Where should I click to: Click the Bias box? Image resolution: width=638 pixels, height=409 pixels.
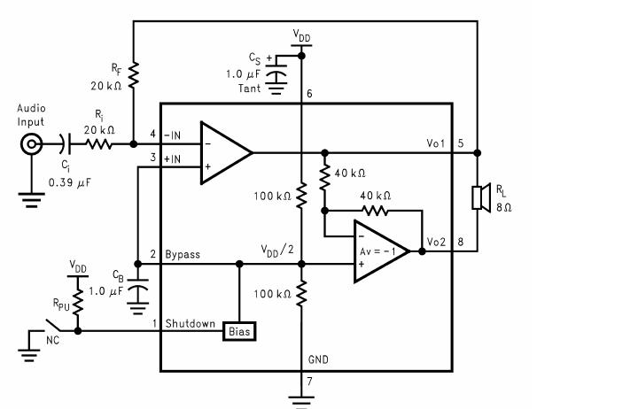[x=240, y=331]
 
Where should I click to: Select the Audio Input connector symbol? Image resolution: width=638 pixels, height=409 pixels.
[x=33, y=144]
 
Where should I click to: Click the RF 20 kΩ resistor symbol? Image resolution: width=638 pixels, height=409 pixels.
[x=132, y=74]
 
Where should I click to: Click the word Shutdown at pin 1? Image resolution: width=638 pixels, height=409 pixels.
[x=190, y=323]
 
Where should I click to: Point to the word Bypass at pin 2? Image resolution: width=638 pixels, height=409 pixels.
[x=183, y=254]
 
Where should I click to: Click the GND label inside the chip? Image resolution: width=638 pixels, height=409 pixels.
[x=318, y=362]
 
